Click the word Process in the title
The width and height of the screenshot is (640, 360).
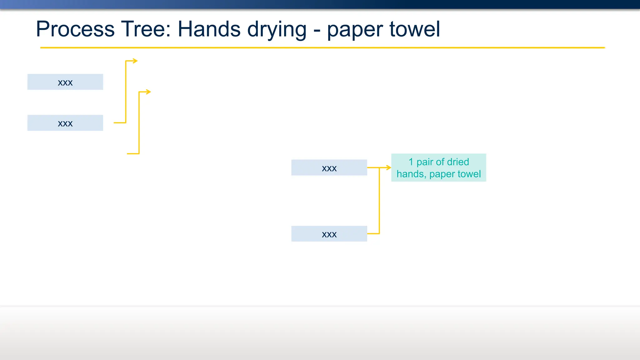(75, 29)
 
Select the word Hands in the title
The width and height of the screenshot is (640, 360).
(209, 29)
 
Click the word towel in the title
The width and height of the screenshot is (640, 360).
(414, 29)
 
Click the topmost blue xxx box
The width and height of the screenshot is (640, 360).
(65, 82)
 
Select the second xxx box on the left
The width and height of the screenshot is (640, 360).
(65, 123)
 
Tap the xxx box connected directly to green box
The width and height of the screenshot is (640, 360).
(329, 167)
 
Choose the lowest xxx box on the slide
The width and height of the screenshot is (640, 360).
(329, 234)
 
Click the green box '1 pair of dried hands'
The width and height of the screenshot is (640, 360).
(438, 168)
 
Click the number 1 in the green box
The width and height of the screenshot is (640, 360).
(411, 162)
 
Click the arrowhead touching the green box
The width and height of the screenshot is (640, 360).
(388, 167)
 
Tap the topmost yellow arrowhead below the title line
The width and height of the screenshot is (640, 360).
(135, 61)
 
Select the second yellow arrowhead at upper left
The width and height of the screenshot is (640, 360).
(148, 92)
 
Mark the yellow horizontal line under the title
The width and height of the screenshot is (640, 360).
(322, 48)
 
